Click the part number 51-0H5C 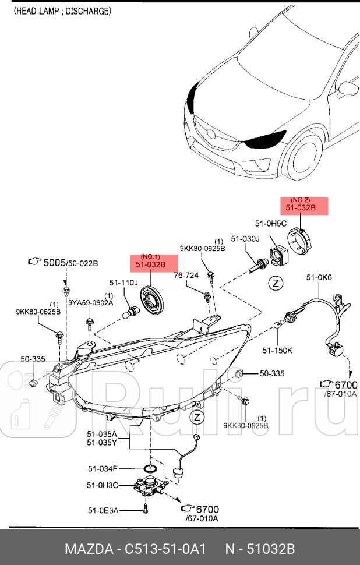pyautogui.click(x=271, y=223)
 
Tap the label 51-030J pyautogui.click(x=244, y=238)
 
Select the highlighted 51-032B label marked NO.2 pyautogui.click(x=300, y=207)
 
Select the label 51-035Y pyautogui.click(x=102, y=442)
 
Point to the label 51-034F pyautogui.click(x=103, y=468)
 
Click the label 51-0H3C pyautogui.click(x=103, y=485)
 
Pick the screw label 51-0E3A pyautogui.click(x=103, y=510)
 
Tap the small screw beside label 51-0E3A pyautogui.click(x=146, y=510)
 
